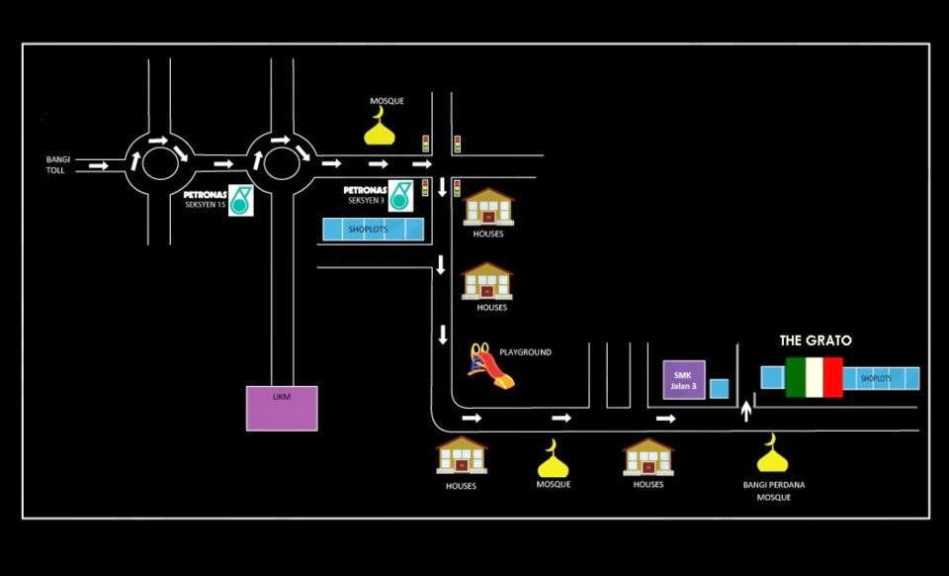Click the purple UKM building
(282, 408)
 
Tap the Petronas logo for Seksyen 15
(241, 200)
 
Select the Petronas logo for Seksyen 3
(400, 195)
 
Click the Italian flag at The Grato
(814, 377)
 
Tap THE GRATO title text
(815, 340)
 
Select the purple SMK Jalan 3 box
(684, 379)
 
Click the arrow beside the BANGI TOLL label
(98, 165)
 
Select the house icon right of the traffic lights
(488, 207)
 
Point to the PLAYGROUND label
(525, 352)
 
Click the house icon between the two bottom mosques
(648, 457)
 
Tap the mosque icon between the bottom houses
(554, 458)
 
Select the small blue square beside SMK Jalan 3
(720, 388)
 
